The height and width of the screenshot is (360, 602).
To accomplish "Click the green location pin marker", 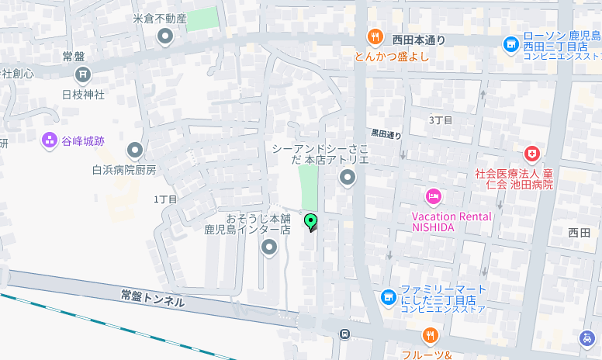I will (x=311, y=223).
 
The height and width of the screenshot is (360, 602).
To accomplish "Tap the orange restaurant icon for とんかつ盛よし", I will (x=375, y=36).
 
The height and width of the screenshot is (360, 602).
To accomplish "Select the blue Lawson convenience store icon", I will (x=510, y=45).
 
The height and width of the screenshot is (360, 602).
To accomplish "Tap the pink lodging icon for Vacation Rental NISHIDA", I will (x=433, y=196).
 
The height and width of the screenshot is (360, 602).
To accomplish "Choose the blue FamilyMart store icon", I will (x=389, y=296).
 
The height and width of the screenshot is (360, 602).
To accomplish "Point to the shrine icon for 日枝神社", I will (x=82, y=74).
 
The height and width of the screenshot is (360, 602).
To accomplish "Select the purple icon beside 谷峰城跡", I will (x=50, y=141).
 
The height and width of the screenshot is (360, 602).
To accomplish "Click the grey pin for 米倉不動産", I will (x=164, y=36).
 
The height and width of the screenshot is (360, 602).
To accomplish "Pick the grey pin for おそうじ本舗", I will (x=269, y=247).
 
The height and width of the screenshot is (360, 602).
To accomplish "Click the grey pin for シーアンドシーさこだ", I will (x=348, y=179).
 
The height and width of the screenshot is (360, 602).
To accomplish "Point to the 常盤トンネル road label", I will (x=153, y=298).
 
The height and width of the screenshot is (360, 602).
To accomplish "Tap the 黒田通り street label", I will (x=386, y=134).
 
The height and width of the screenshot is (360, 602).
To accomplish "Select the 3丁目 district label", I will (x=441, y=119).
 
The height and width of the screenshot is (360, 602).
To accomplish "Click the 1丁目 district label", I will (x=165, y=199).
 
